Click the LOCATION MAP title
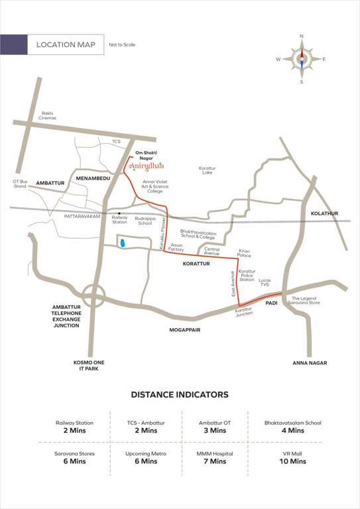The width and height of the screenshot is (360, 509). (66, 44)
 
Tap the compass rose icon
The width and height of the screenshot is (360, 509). (301, 59)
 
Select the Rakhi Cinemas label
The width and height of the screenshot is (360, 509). (48, 115)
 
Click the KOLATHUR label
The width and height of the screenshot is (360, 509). (324, 213)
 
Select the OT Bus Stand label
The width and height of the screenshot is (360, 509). (20, 184)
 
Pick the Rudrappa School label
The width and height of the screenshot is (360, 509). (143, 221)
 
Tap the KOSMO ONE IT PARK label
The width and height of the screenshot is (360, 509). (90, 366)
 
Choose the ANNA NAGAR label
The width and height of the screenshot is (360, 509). (310, 363)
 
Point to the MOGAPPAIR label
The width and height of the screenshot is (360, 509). (185, 328)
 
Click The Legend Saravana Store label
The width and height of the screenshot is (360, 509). (306, 301)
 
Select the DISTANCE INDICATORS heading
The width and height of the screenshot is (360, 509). (180, 394)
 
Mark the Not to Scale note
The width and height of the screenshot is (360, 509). (122, 44)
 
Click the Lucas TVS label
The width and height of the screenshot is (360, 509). (265, 282)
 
